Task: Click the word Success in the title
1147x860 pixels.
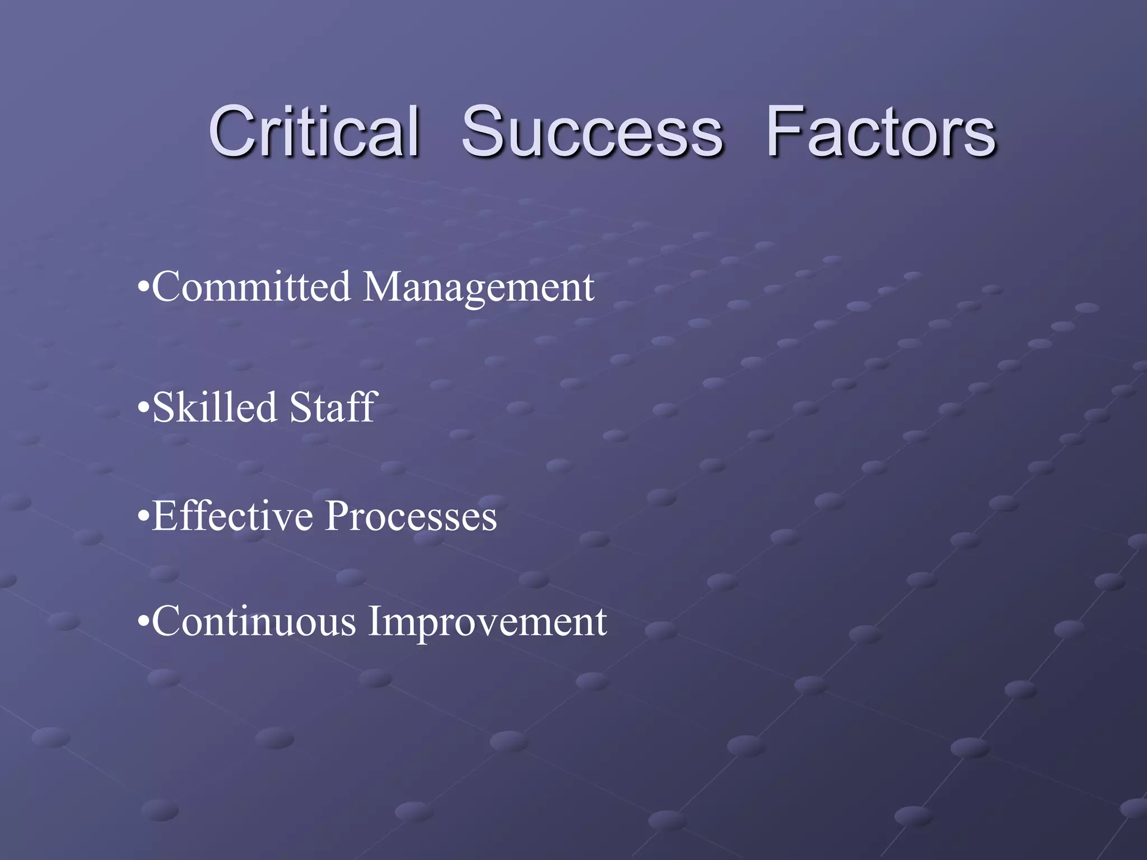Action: click(592, 132)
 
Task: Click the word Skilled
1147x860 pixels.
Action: click(215, 407)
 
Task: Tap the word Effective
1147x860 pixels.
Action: click(232, 516)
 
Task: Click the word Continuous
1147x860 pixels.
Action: click(254, 621)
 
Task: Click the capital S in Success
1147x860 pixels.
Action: click(484, 132)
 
